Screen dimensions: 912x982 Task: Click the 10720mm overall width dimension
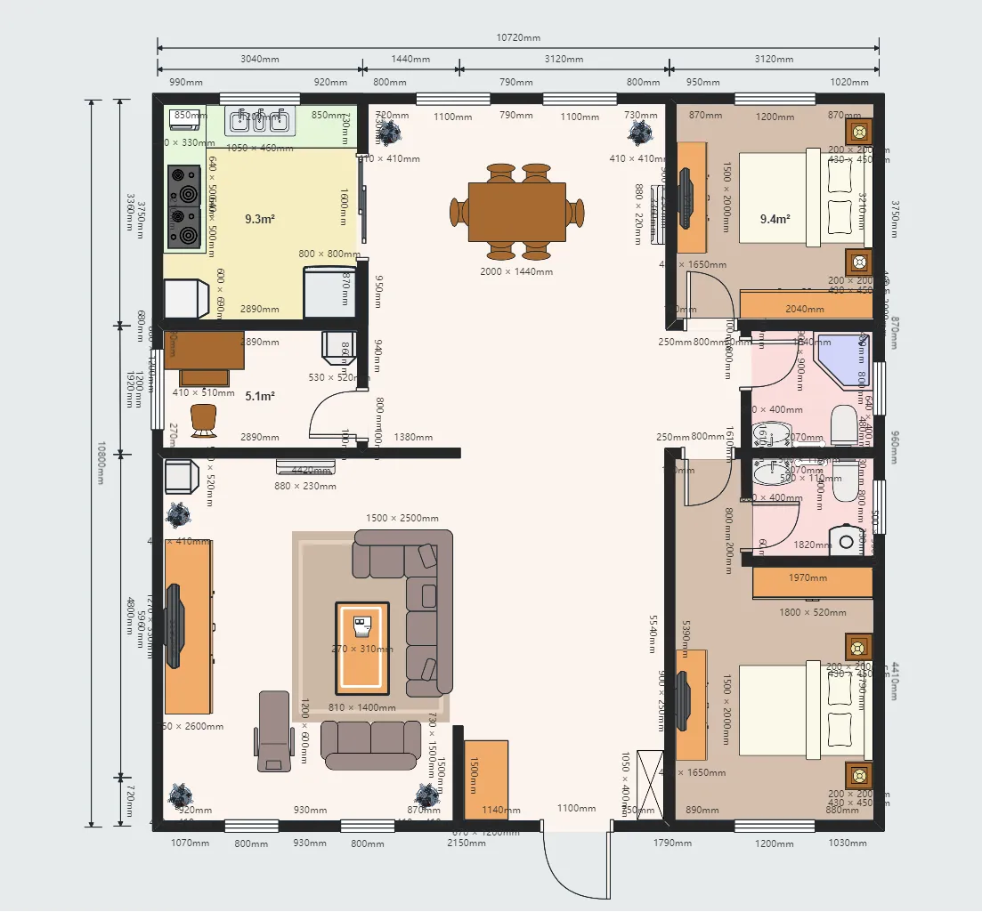coord(518,38)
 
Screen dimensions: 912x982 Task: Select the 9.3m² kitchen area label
coord(260,218)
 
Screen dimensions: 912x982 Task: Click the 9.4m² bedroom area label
coord(775,218)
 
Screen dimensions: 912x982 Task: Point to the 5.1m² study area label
coord(260,396)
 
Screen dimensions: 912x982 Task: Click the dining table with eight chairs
coord(517,212)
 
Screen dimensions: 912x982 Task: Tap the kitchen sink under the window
coord(258,119)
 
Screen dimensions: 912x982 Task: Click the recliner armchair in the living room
coord(273,731)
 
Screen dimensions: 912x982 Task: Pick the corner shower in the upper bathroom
coord(835,359)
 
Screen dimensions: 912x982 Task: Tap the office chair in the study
coord(204,420)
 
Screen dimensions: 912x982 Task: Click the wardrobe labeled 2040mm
coord(805,305)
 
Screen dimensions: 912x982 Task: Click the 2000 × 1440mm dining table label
coord(517,271)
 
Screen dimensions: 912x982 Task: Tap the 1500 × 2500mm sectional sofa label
coord(402,518)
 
